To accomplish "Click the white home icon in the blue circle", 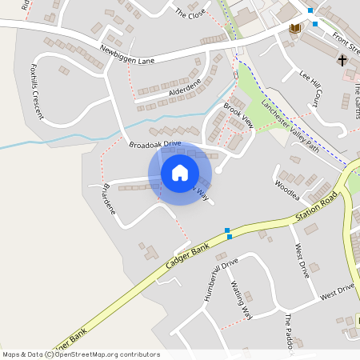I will [x=180, y=172].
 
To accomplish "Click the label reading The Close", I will [x=190, y=14].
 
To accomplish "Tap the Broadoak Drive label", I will [x=155, y=144].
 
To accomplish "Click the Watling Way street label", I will [x=242, y=299].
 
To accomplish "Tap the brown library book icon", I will [x=295, y=29].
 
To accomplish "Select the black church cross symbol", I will [x=342, y=60].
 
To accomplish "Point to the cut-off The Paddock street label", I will [x=290, y=330].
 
